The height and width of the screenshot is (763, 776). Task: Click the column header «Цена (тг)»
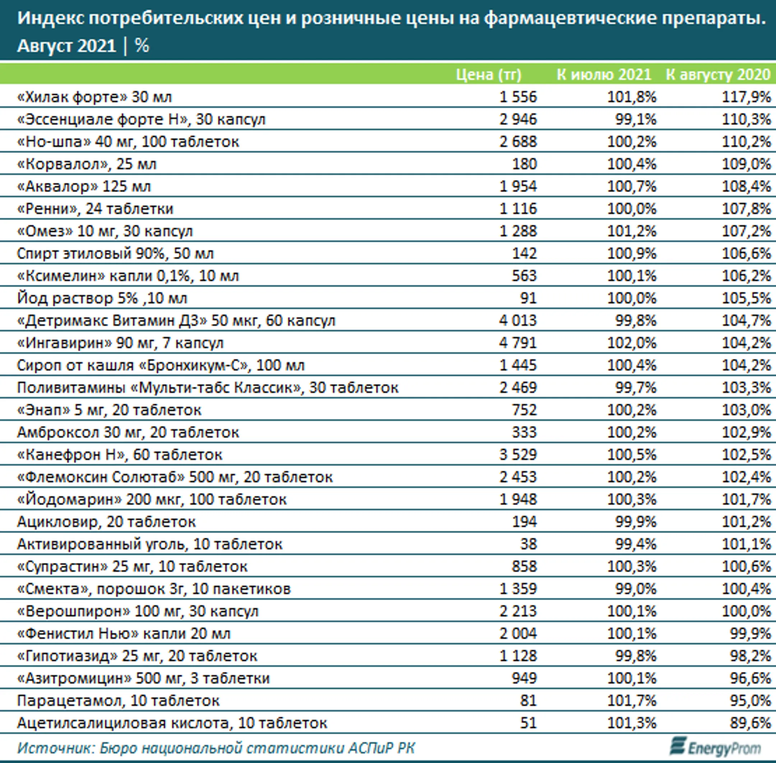tap(489, 75)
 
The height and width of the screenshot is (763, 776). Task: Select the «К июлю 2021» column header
tap(604, 75)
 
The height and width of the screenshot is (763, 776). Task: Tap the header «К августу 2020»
tap(718, 75)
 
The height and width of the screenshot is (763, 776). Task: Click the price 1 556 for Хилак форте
tap(518, 97)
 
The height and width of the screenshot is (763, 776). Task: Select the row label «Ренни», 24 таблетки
tap(95, 209)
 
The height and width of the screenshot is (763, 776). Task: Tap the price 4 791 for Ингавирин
tap(518, 343)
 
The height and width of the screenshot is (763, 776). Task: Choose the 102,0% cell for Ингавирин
tap(632, 343)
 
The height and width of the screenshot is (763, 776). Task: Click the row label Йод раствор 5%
tap(102, 298)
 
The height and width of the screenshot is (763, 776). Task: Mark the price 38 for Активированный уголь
tap(528, 544)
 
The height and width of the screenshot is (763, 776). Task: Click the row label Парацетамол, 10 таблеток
tap(118, 701)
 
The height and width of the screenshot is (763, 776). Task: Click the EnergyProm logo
tap(715, 747)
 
